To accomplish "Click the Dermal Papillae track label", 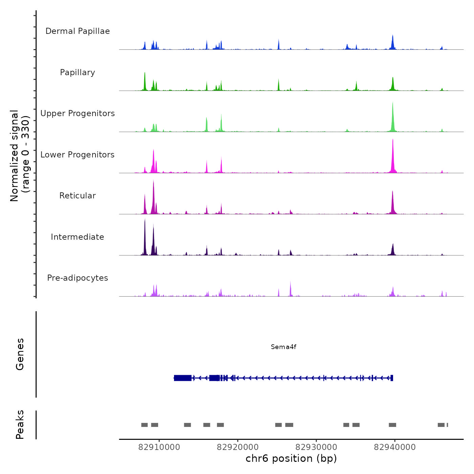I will coord(78,31).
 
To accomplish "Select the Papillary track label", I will coord(78,72).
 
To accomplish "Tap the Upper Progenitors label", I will coord(78,113).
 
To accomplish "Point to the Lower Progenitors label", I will coord(78,155).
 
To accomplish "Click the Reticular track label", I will coord(78,196).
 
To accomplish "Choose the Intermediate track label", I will coord(78,237).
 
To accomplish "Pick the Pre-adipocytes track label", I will coord(78,278).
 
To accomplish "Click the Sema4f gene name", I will coord(283,347).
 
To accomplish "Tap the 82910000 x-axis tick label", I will coord(159,447).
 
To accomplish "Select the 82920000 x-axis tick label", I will coord(238,447).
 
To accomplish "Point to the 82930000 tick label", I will coord(316,447).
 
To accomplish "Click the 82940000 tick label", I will coord(395,447).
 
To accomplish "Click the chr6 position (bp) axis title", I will coord(291,458).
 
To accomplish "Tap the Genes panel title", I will coord(20,354).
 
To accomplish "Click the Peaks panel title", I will coord(20,425).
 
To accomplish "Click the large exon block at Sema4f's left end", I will coord(183,378).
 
